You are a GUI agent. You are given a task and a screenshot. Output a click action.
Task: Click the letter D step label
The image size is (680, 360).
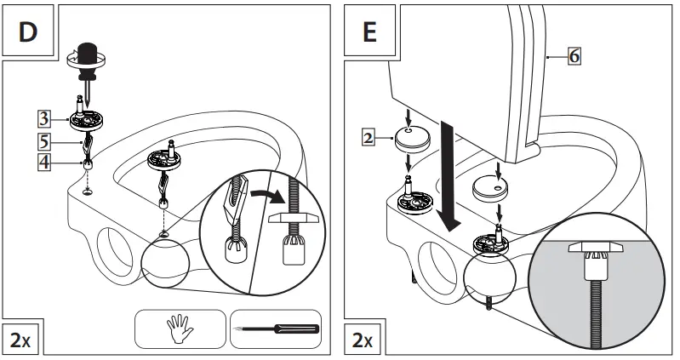[x=28, y=33]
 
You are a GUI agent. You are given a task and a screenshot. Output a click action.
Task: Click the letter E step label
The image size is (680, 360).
[x=369, y=33]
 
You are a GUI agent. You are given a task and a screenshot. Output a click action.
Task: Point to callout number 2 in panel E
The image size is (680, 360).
[x=367, y=135]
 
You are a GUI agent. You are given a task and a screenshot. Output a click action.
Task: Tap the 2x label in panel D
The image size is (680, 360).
[x=20, y=340]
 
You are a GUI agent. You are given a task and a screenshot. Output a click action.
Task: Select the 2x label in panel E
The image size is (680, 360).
[x=362, y=340]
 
